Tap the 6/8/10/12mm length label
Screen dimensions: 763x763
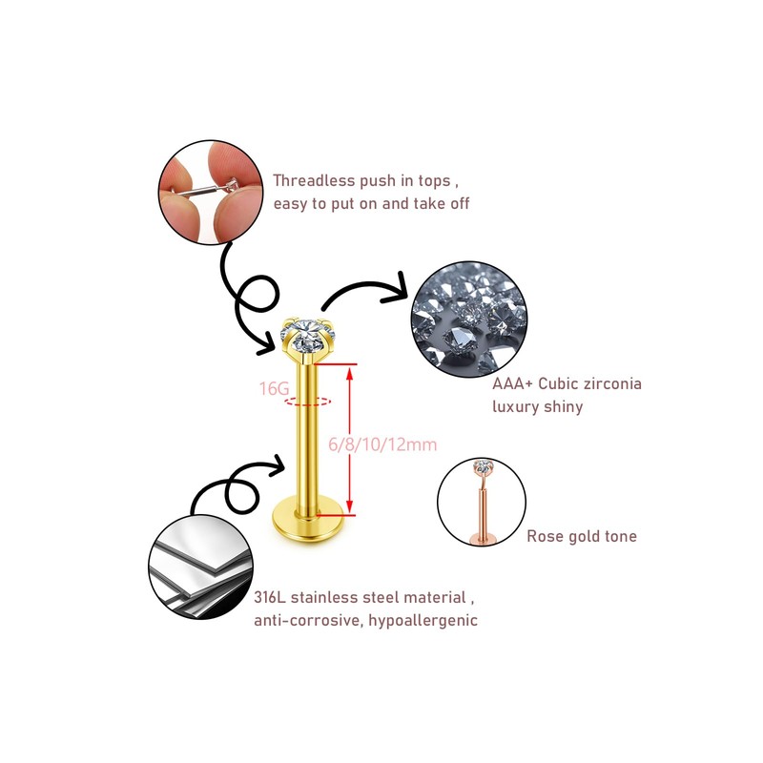(381, 444)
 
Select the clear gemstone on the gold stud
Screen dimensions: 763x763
(308, 335)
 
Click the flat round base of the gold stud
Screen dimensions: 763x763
(307, 521)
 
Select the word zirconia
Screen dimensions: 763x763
(611, 384)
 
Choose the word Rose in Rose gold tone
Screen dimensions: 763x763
(546, 537)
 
